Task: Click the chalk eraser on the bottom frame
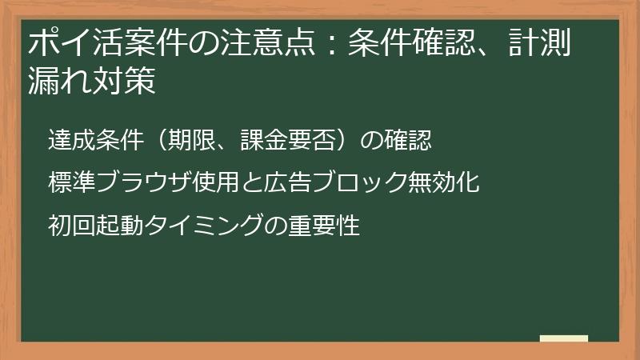[563, 338]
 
